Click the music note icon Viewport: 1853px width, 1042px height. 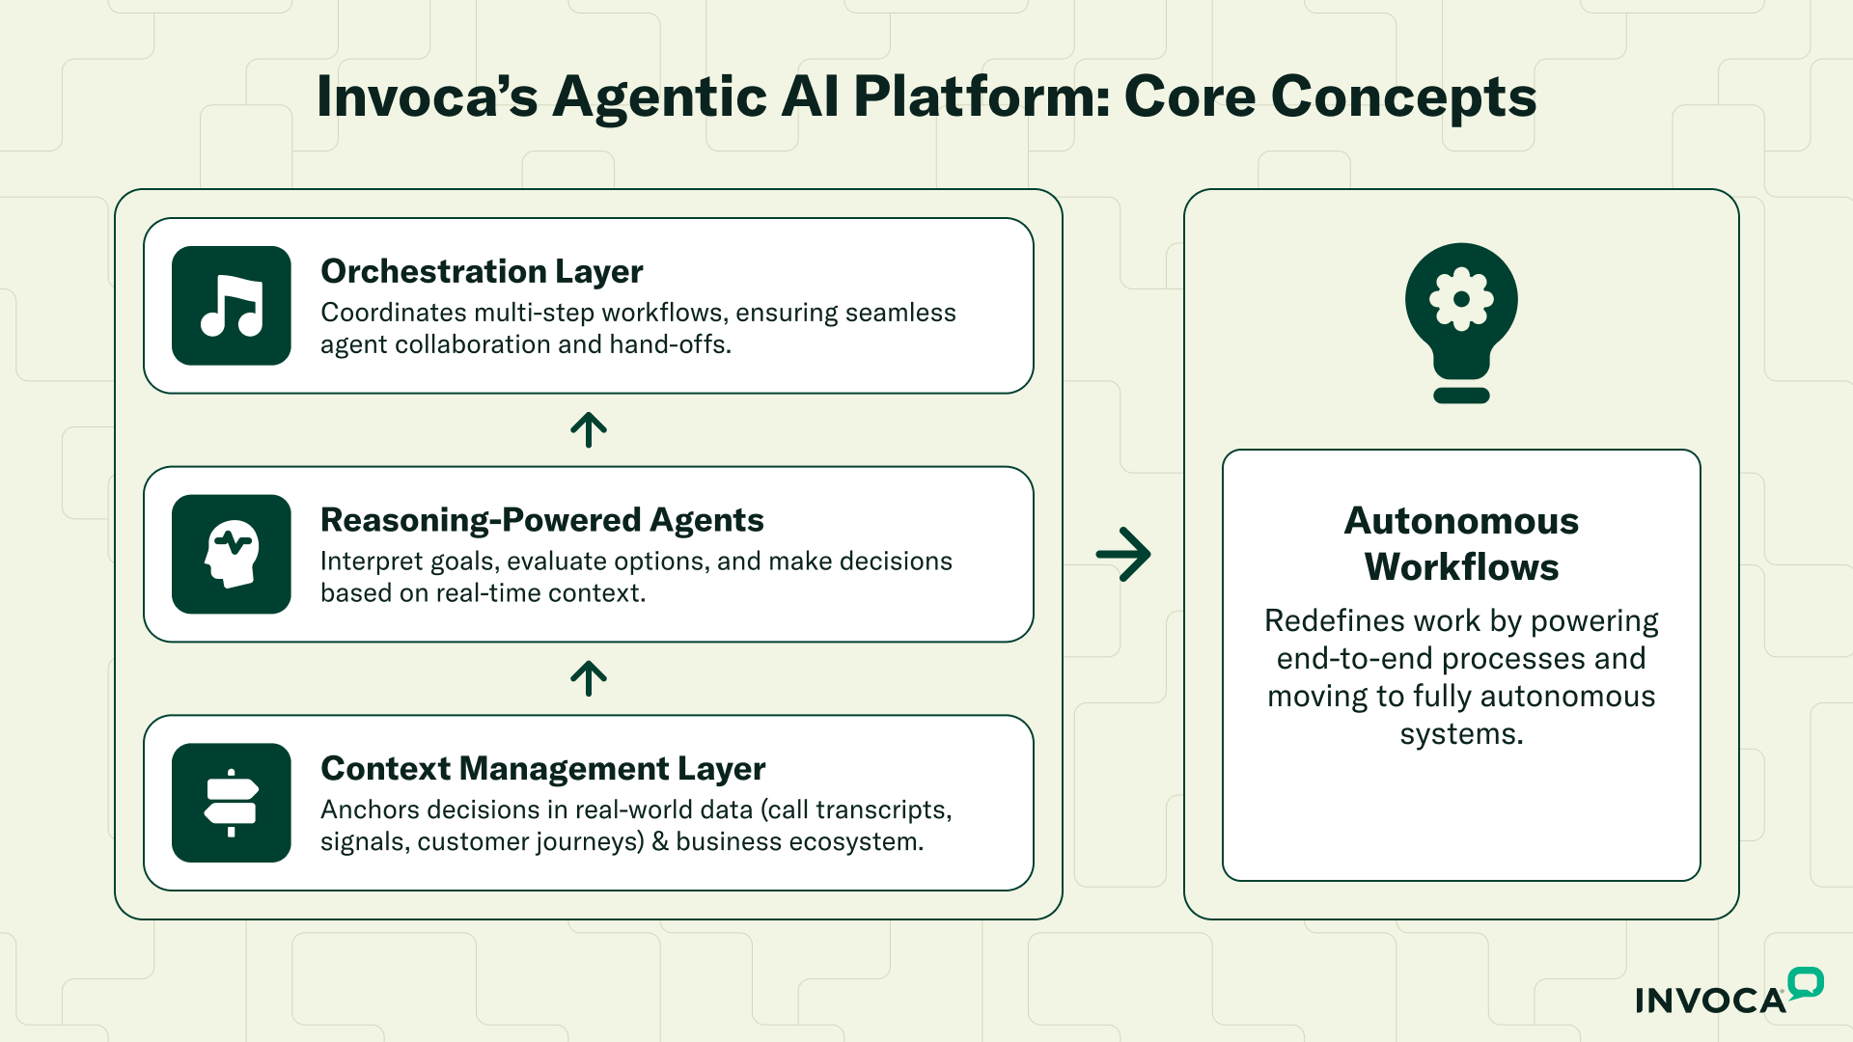pos(232,306)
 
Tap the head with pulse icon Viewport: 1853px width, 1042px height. pos(232,554)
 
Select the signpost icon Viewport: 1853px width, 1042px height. pos(232,803)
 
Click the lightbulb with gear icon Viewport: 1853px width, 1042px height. pos(1461,321)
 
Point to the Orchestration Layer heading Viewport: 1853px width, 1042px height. pos(482,272)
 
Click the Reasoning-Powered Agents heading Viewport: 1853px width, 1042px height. pos(541,520)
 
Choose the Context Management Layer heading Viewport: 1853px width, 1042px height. pos(542,769)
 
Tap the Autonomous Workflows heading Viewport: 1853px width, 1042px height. pos(1461,543)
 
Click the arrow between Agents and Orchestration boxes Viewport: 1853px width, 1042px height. pos(589,430)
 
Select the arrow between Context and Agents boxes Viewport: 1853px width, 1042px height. pos(589,678)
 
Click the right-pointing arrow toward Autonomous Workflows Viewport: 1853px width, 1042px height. pos(1123,554)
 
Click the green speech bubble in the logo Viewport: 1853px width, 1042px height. pos(1805,983)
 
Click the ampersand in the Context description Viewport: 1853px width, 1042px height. pos(660,841)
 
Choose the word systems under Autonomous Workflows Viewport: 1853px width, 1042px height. pos(1461,734)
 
